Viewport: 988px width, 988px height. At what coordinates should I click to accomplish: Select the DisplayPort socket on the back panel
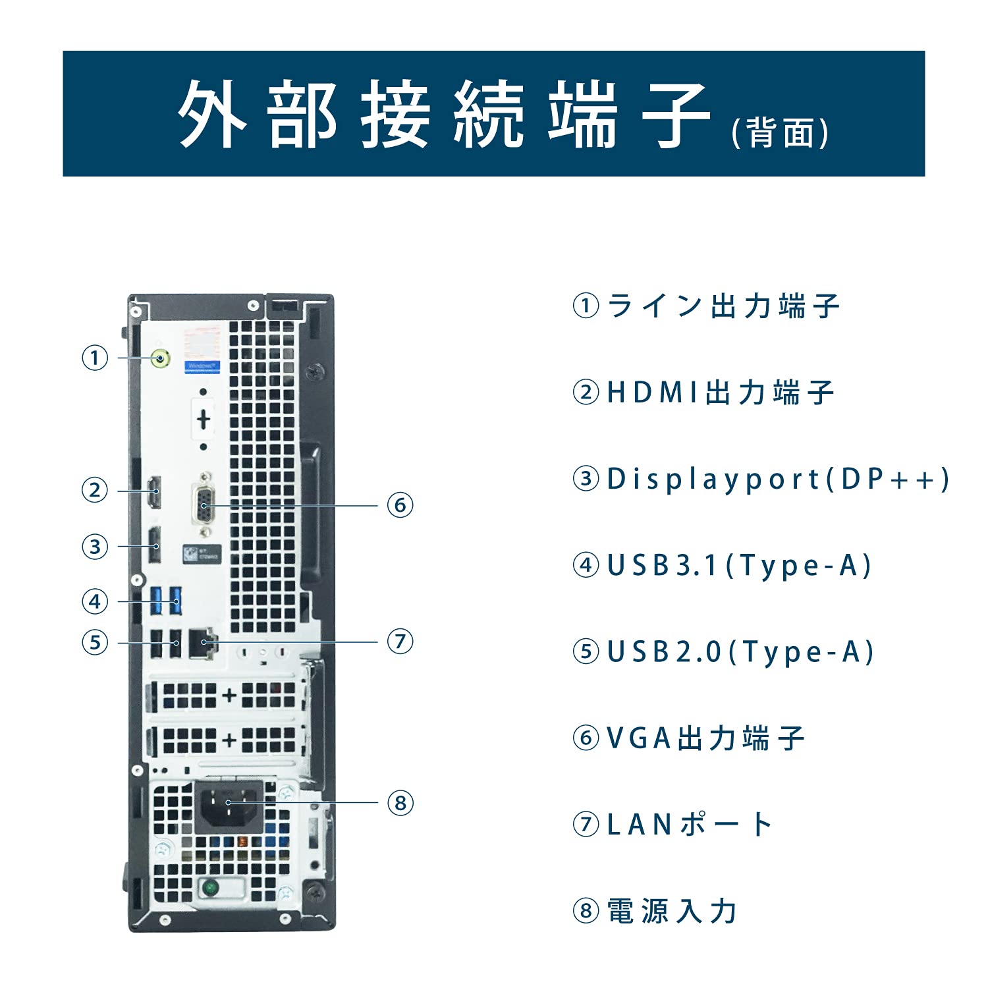tap(154, 546)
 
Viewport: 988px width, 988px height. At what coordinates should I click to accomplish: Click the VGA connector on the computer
tap(204, 505)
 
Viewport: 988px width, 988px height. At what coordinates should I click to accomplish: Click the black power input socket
tap(229, 804)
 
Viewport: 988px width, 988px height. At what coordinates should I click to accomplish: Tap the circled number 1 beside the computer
tap(95, 358)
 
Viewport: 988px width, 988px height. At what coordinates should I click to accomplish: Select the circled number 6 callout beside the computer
tap(400, 506)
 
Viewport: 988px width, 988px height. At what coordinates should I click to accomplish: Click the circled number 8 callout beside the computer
tap(400, 803)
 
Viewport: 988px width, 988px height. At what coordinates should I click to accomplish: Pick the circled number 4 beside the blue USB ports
tap(95, 601)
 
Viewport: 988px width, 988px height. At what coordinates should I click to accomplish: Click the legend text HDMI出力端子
tap(719, 393)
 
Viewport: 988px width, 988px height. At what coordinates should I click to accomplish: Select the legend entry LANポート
tap(689, 824)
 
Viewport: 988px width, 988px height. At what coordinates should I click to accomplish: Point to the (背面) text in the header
tap(780, 133)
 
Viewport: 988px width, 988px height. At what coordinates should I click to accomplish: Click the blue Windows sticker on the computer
tap(202, 366)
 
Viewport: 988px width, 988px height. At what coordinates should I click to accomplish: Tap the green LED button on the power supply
tap(210, 888)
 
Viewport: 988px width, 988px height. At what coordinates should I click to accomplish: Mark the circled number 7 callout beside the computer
tap(400, 641)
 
